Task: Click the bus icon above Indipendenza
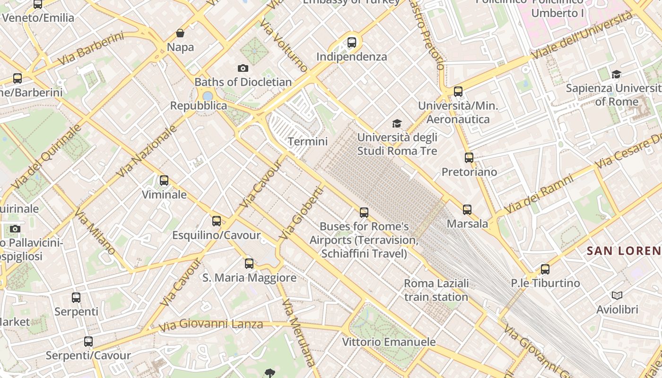(352, 43)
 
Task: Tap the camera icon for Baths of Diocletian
(243, 68)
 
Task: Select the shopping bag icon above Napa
(180, 33)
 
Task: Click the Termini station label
(307, 141)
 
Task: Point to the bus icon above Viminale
(164, 180)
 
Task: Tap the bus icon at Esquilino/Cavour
(217, 221)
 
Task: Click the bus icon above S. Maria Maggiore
(249, 263)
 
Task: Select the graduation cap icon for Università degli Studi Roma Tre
(397, 123)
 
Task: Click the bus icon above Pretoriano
(469, 157)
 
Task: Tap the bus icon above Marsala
(467, 209)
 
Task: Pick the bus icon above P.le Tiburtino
(545, 269)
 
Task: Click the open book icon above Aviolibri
(617, 295)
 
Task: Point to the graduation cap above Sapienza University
(616, 74)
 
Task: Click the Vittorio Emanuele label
(389, 342)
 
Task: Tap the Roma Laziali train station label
(436, 290)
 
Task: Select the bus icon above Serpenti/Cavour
(88, 341)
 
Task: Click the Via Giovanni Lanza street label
(210, 325)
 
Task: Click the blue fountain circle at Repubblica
(208, 96)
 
